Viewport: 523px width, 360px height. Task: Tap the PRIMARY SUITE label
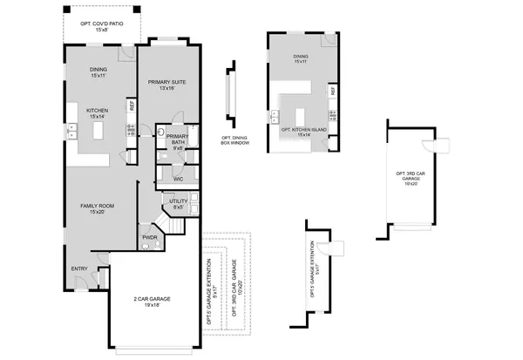click(x=166, y=82)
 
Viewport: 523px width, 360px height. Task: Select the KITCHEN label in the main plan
click(x=98, y=111)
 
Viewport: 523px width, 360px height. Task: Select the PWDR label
click(x=148, y=236)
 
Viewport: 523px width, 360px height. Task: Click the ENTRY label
click(x=79, y=268)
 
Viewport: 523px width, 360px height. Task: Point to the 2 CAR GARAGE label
click(x=152, y=299)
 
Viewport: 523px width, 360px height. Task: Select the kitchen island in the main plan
click(x=98, y=130)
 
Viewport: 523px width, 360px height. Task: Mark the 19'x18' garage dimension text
click(x=152, y=306)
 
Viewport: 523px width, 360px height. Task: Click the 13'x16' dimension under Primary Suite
click(x=166, y=89)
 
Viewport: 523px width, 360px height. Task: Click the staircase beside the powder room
click(x=176, y=226)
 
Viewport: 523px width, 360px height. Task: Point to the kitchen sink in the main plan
click(x=72, y=131)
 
